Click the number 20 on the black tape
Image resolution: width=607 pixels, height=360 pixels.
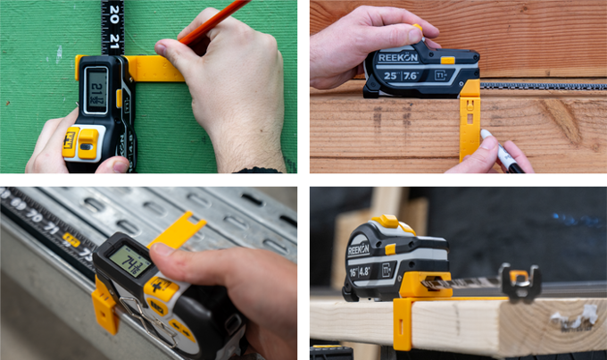(112, 14)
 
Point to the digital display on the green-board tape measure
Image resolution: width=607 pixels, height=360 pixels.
(96, 90)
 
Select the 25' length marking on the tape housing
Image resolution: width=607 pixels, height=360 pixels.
(390, 77)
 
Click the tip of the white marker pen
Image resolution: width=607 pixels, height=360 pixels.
(485, 134)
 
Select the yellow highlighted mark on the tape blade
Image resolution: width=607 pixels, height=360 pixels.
(71, 239)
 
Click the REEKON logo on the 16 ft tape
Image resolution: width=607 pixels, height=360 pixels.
(357, 250)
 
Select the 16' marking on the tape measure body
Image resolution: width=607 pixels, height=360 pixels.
(354, 269)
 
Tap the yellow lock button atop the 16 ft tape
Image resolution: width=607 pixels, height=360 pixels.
(386, 222)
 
